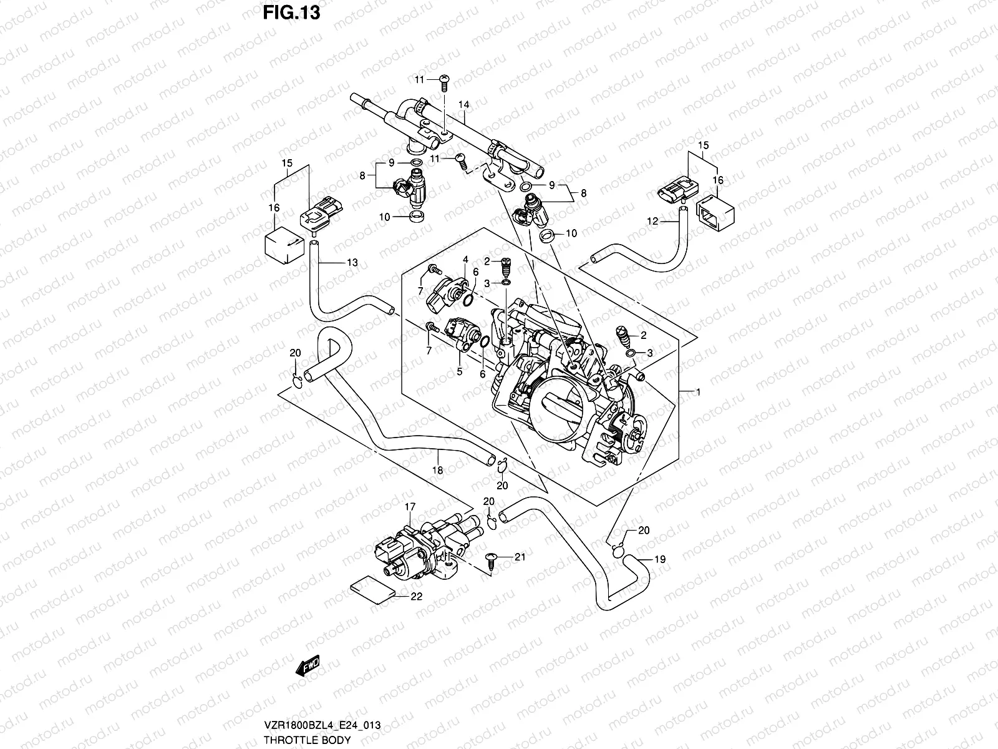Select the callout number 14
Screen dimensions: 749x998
point(463,105)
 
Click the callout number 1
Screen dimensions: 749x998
point(699,392)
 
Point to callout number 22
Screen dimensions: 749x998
point(417,596)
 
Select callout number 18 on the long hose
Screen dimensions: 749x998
point(437,470)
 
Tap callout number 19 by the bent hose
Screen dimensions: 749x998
point(660,559)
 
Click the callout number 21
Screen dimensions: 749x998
point(520,556)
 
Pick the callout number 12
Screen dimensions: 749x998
point(652,220)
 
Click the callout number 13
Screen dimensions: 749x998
point(352,263)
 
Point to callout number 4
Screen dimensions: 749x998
point(465,258)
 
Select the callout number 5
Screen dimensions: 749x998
point(459,371)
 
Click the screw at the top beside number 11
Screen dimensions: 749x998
point(443,79)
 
